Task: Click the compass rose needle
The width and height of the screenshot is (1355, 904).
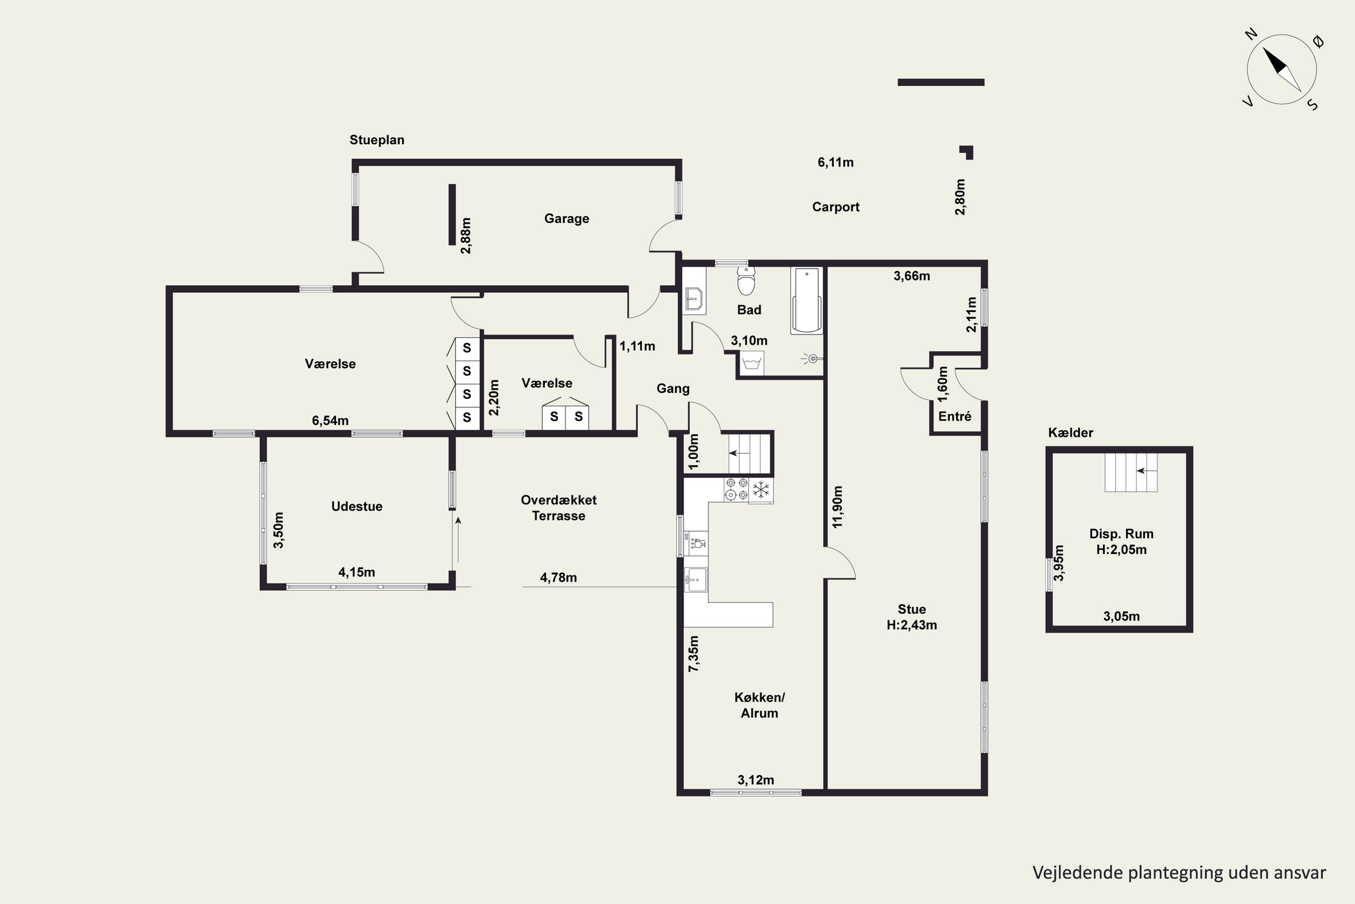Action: tap(1282, 69)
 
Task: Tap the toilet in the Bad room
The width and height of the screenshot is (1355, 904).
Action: tap(746, 281)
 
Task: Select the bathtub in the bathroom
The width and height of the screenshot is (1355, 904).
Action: tap(807, 301)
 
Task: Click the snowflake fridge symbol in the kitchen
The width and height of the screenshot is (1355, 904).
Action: tap(761, 490)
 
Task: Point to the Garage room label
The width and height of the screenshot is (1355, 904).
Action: tap(566, 218)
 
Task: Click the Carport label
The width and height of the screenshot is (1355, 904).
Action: tap(835, 207)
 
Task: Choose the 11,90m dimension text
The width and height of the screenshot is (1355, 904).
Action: tap(837, 507)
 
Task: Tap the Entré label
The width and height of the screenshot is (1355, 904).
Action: tap(955, 416)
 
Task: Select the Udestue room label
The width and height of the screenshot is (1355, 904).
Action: tap(357, 506)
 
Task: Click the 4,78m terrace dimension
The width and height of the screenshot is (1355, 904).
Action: tap(558, 577)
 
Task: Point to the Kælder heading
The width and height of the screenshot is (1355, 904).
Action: tap(1070, 433)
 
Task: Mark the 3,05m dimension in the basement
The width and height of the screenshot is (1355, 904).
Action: tap(1121, 616)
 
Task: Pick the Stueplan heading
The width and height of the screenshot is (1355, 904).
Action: tap(377, 140)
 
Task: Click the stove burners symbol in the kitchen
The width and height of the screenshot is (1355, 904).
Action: tap(737, 490)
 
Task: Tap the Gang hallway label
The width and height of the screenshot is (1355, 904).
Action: tap(673, 389)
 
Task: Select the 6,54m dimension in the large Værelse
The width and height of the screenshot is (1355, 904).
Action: tap(330, 420)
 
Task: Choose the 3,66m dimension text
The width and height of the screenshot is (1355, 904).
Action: tap(911, 276)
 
